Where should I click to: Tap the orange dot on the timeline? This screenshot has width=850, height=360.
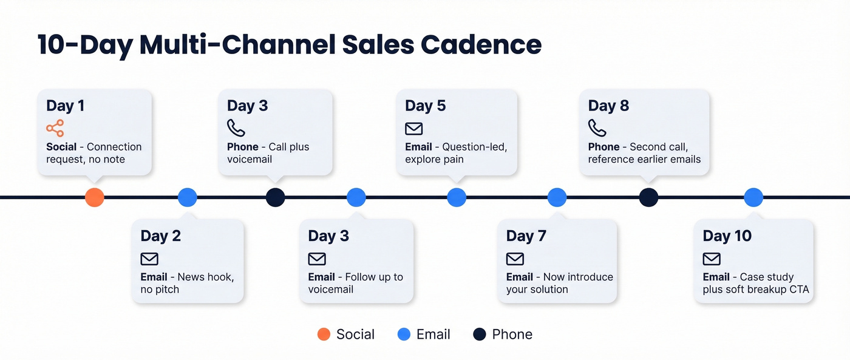coord(94,197)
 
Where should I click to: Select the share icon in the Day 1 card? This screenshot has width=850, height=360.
coord(55,129)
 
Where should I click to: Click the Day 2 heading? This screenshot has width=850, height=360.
coord(160,236)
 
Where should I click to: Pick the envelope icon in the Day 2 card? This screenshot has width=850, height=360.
coord(149,259)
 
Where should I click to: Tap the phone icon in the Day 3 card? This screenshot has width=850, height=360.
coord(236,128)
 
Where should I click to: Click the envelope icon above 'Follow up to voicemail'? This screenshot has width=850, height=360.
coord(317,259)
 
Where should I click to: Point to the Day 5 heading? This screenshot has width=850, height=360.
coord(425,106)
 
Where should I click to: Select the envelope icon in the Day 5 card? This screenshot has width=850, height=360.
coord(413,129)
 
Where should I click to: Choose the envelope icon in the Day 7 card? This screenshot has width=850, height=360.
coord(515,259)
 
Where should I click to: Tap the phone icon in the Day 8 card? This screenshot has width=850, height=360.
coord(597,128)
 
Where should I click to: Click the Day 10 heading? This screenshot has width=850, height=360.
coord(727,236)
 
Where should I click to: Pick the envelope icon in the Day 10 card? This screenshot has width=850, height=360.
coord(712,259)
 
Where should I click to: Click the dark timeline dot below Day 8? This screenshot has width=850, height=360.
coord(648,197)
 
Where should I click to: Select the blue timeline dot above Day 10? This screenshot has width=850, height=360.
coord(753,197)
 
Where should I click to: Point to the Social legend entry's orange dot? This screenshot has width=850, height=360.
coord(324,335)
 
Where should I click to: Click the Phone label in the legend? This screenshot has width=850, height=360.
coord(512,335)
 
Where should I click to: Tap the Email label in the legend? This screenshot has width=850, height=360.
coord(433,335)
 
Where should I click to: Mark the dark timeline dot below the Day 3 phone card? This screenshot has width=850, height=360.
coord(275,197)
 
